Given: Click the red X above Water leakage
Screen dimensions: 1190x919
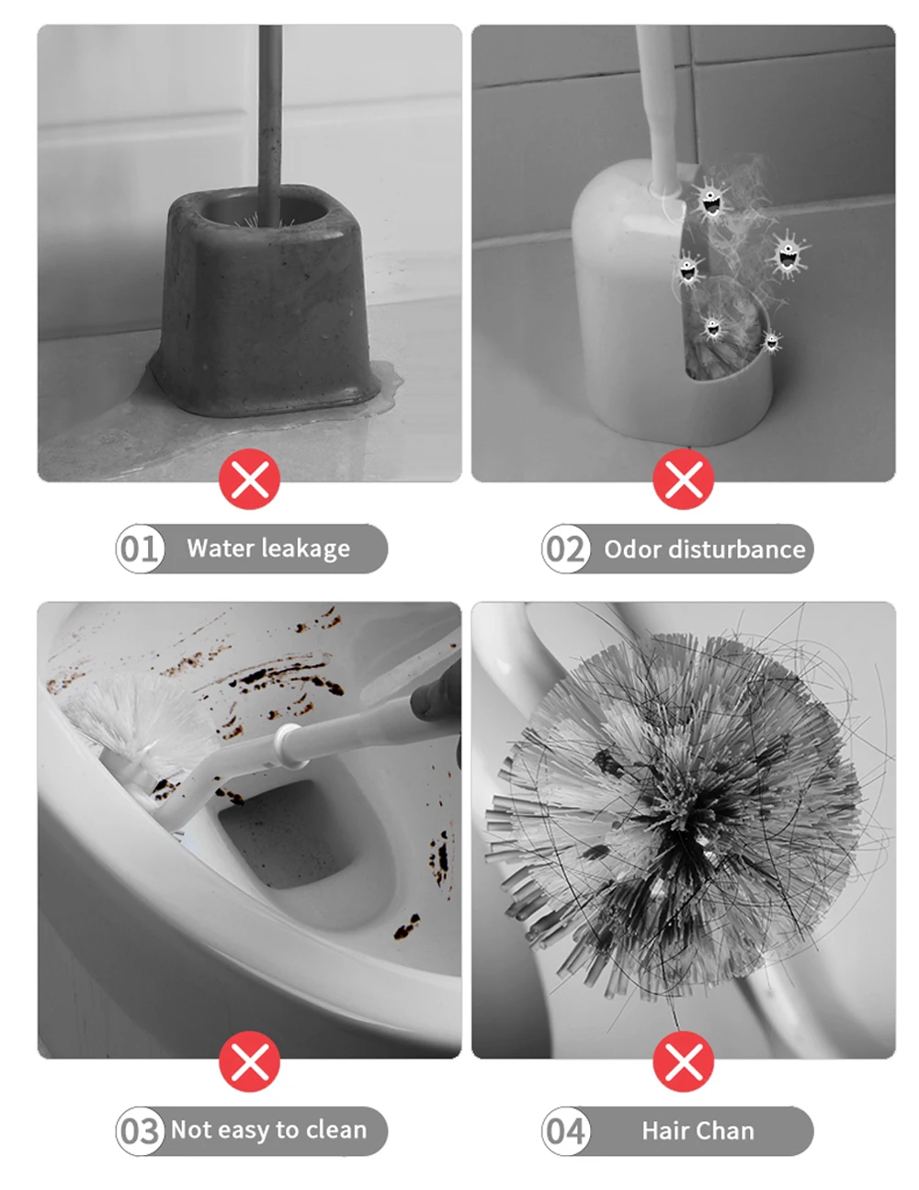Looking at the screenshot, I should point(249,479).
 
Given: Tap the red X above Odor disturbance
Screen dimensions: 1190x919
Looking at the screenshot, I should point(683,479).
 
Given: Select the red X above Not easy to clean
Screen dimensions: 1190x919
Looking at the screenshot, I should point(249,1062).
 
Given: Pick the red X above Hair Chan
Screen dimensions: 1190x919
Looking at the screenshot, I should point(683,1062).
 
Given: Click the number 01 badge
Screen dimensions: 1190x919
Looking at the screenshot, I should point(140,549).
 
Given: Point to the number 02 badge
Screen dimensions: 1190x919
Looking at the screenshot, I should point(565,549).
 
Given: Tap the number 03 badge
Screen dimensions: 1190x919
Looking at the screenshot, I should point(140,1131).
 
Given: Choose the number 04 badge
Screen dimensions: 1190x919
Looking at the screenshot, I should point(565,1131).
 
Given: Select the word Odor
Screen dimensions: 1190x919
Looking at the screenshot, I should point(632,550).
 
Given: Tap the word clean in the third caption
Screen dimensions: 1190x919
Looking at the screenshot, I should point(335,1130).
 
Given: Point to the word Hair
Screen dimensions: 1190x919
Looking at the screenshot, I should point(664,1131).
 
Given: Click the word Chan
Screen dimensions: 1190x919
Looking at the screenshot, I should point(729,1131).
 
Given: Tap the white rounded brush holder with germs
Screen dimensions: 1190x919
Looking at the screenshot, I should point(634,303).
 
